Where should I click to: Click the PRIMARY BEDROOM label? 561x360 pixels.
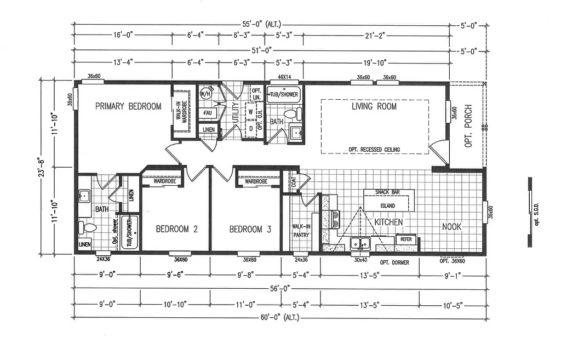click(128, 106)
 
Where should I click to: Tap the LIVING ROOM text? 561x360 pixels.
click(374, 106)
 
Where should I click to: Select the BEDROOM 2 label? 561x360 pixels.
click(176, 229)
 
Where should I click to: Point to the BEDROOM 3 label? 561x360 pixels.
click(250, 229)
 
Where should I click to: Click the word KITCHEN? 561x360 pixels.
click(389, 222)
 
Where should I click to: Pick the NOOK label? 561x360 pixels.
click(452, 226)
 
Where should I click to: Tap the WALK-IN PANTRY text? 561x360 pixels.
click(301, 231)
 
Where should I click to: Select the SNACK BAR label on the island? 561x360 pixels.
click(388, 192)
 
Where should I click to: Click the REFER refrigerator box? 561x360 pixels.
click(406, 239)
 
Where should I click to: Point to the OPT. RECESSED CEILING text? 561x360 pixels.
click(374, 150)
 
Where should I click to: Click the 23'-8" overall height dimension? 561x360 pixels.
click(39, 167)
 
